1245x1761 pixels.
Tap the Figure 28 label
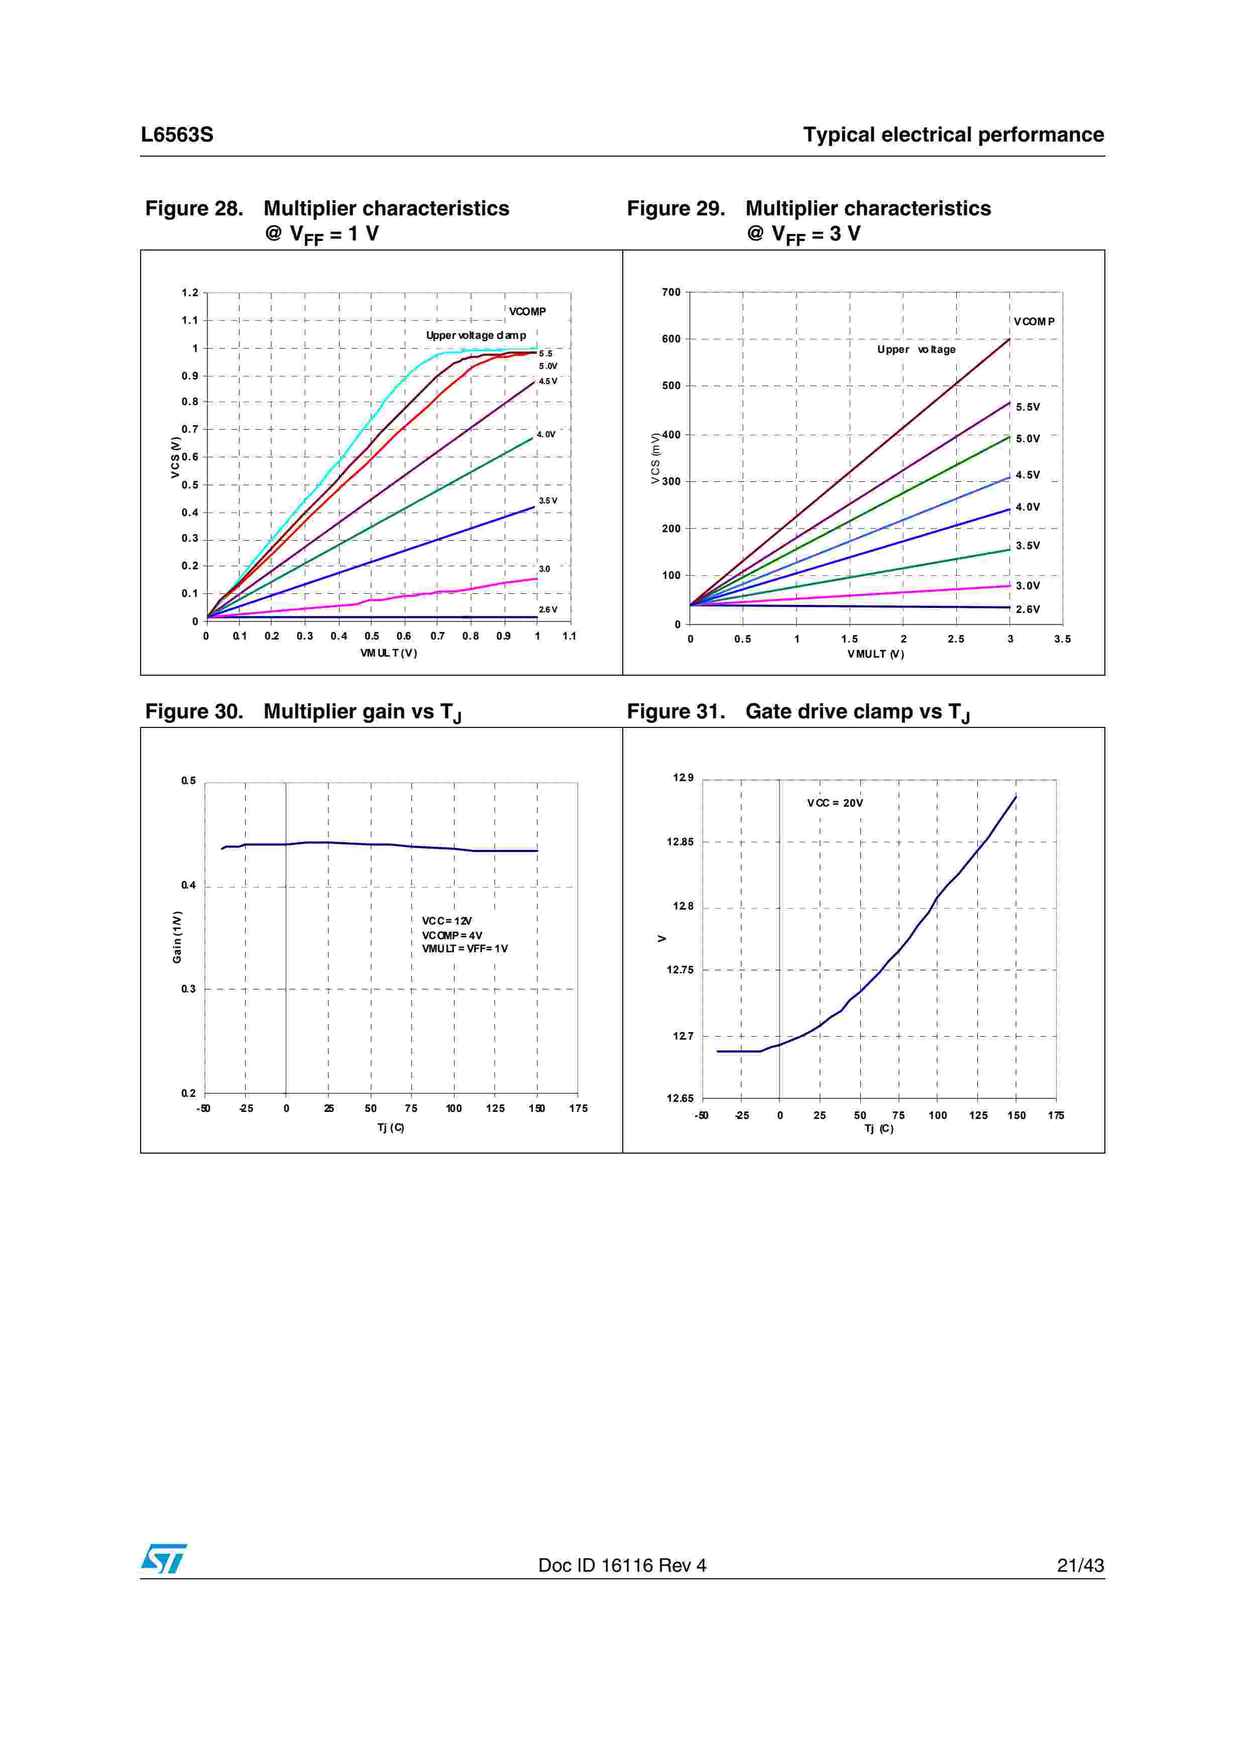[194, 209]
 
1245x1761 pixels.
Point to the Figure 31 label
[675, 712]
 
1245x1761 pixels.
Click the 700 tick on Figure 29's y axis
[670, 292]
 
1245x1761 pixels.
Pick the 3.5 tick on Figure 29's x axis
[1062, 639]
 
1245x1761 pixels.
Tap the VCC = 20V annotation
[835, 803]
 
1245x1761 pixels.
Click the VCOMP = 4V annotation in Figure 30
[452, 935]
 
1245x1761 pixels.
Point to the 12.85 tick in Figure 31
[680, 842]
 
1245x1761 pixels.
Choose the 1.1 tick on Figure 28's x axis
[569, 636]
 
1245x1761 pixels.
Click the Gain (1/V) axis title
[177, 937]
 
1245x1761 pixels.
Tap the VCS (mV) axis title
[655, 459]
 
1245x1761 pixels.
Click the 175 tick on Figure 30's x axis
[579, 1108]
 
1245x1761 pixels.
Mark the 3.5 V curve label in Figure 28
[548, 501]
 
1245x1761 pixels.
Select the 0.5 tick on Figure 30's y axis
[189, 781]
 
